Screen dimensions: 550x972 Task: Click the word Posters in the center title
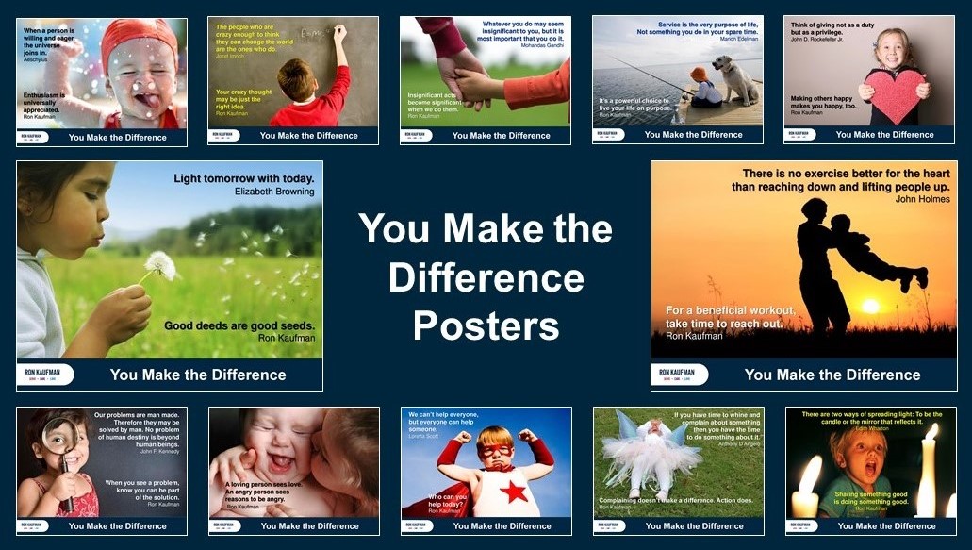[x=486, y=326]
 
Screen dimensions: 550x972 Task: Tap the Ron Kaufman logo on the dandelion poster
[x=45, y=375]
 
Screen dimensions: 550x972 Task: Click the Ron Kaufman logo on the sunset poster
[x=680, y=375]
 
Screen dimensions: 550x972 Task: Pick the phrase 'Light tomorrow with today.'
[x=243, y=177]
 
